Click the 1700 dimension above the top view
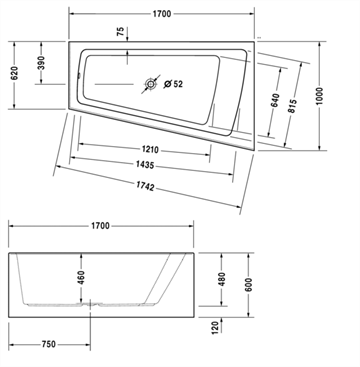point(162,14)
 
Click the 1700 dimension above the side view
point(100,226)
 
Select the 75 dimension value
point(121,31)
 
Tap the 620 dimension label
point(14,73)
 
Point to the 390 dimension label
point(41,63)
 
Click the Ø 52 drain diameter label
point(173,84)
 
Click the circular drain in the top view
point(151,84)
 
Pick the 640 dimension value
point(275,100)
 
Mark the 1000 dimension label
point(320,96)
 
